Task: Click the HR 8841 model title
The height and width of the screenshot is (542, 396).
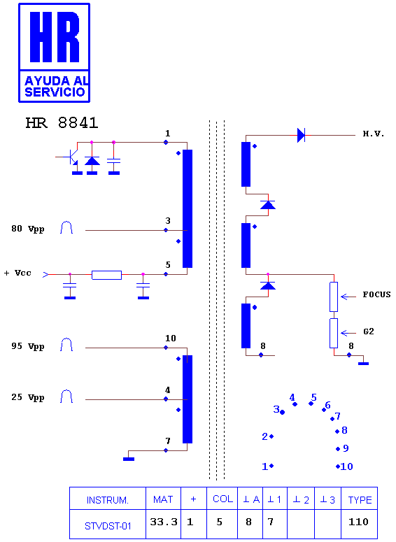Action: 62,122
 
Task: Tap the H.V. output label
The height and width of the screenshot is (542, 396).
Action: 374,134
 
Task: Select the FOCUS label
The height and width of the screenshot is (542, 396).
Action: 376,294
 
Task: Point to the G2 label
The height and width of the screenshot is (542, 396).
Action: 369,331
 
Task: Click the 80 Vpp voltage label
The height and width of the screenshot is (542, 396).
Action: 28,229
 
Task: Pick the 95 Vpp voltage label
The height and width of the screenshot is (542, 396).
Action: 28,346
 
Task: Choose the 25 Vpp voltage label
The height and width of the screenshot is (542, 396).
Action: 28,397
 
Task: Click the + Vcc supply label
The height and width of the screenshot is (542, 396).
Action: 17,273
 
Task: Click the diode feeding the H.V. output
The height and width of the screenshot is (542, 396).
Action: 301,135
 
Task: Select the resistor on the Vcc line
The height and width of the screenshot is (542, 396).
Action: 106,275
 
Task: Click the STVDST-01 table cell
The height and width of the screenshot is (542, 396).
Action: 108,524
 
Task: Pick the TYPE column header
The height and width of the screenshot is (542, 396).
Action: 360,499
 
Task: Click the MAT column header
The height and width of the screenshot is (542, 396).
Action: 163,499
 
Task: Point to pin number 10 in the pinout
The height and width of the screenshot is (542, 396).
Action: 346,466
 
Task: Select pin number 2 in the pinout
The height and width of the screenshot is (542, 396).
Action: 265,436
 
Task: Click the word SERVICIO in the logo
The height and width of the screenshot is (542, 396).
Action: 55,92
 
